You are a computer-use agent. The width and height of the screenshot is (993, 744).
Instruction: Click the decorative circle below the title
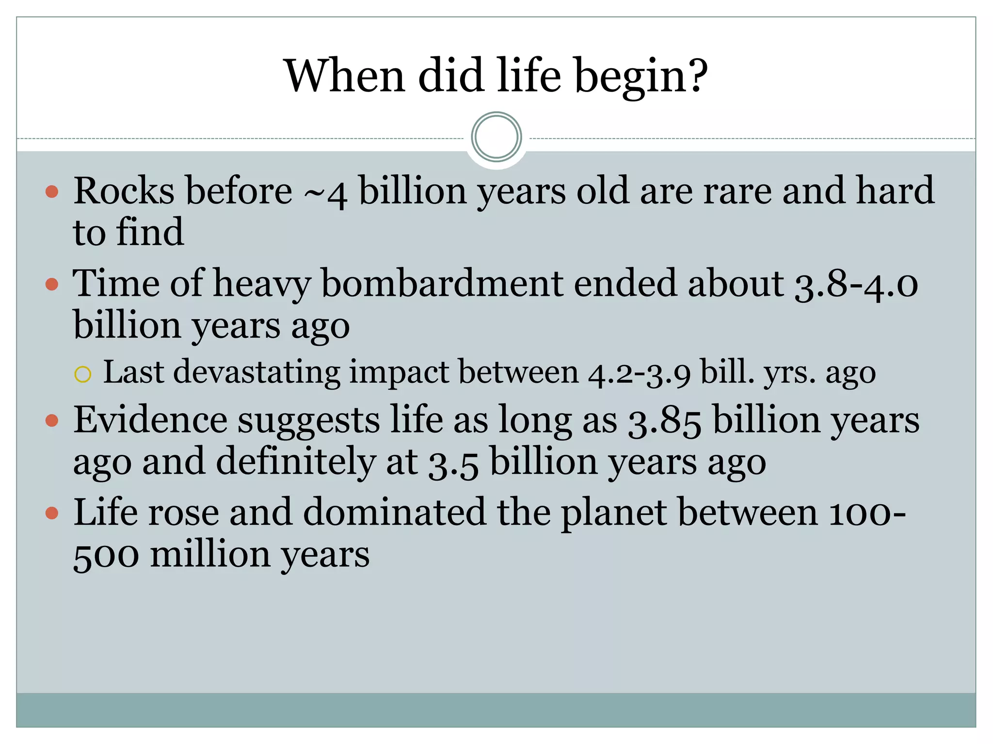pos(496,137)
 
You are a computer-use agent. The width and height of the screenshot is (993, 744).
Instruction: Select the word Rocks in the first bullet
pos(124,191)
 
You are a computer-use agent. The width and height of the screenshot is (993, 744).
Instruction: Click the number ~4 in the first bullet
pos(325,193)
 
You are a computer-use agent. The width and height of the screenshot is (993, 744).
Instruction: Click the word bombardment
pos(442,283)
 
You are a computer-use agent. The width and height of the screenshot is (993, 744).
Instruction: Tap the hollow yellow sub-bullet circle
pos(83,374)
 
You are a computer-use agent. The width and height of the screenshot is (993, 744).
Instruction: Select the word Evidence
pos(150,420)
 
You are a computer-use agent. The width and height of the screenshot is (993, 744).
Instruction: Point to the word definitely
pos(295,462)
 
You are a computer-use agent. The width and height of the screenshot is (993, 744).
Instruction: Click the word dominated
pos(394,512)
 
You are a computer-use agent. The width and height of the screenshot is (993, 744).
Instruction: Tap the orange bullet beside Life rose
pos(52,513)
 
